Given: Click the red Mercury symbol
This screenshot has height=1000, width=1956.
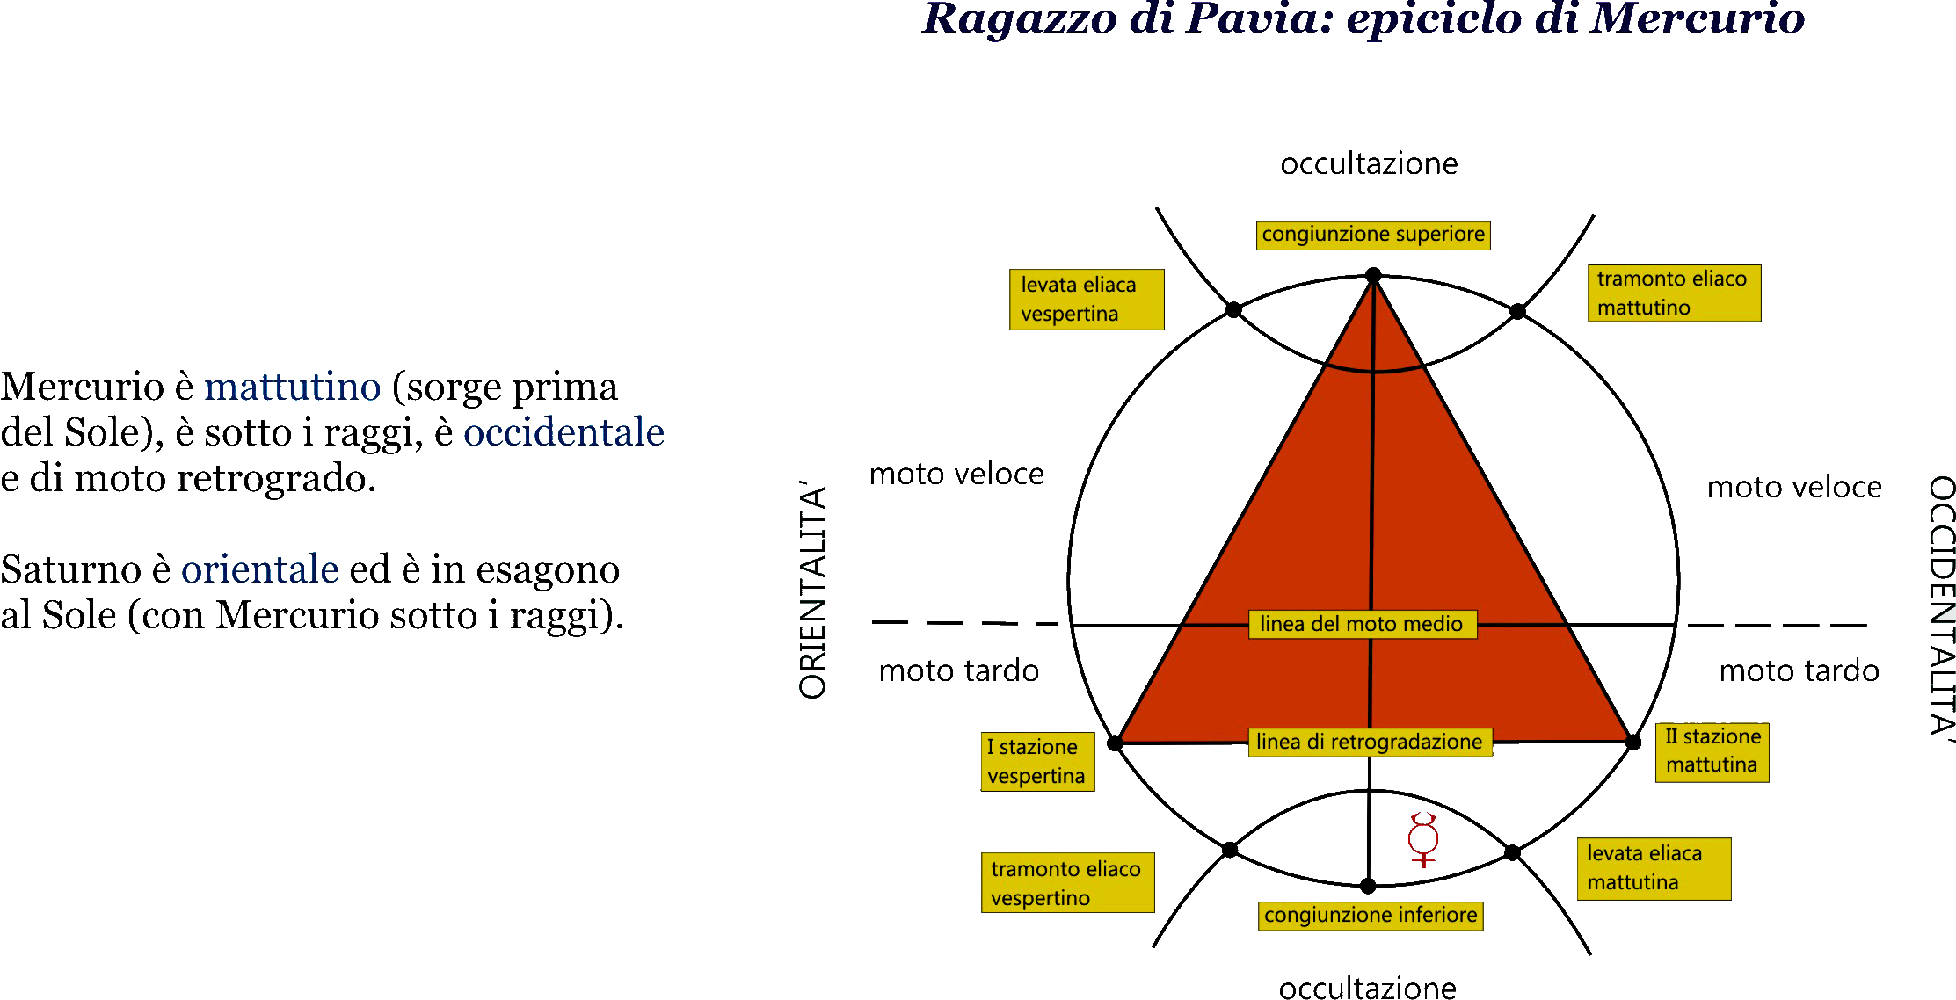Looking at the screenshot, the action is tap(1423, 839).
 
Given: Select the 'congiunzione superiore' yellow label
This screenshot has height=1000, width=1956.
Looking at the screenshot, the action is tap(1373, 236).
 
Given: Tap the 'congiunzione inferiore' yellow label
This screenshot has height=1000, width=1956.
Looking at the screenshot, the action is tap(1371, 916).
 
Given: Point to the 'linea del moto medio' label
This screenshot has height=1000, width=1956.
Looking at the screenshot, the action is tap(1363, 624).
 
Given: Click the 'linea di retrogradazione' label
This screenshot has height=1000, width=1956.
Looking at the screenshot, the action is tap(1370, 742).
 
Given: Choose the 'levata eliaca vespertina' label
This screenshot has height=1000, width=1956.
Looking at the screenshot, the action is tap(1087, 300).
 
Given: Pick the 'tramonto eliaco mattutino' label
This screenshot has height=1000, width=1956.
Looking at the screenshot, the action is tap(1674, 293).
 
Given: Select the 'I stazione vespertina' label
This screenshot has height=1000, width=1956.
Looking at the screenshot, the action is tap(1037, 762).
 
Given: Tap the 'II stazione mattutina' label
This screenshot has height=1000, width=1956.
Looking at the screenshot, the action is tap(1712, 752).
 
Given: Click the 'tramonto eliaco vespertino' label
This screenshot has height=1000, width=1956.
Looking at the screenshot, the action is tap(1067, 883).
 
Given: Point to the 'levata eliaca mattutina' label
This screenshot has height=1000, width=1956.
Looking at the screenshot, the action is tap(1654, 869).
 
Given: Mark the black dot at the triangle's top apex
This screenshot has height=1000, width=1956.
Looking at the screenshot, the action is tap(1373, 276).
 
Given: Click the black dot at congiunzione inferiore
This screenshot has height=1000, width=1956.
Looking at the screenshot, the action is tap(1368, 886).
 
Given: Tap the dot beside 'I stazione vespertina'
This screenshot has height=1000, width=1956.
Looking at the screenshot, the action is tap(1115, 743).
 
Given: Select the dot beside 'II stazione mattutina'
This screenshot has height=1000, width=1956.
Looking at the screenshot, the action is tap(1633, 743).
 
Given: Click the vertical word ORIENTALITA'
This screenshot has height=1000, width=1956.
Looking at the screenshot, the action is tap(813, 590).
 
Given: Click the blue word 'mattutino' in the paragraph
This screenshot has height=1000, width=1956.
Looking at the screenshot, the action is tap(293, 387).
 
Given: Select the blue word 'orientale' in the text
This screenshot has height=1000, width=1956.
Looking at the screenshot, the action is tap(260, 569).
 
